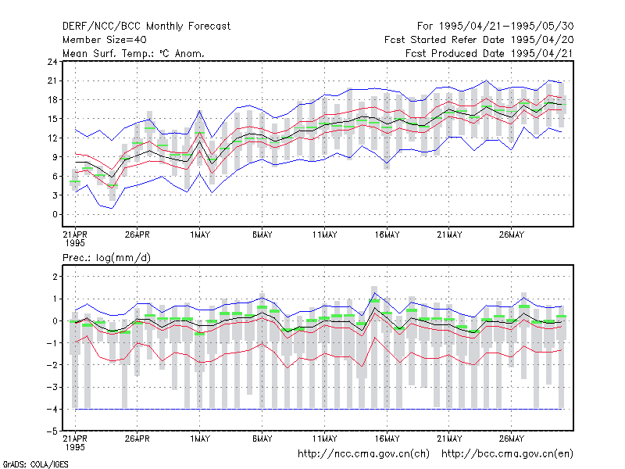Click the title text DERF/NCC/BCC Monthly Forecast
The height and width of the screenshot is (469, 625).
pos(146,27)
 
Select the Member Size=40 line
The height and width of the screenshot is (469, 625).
pos(105,40)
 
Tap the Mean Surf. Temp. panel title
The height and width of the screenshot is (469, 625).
pos(133,53)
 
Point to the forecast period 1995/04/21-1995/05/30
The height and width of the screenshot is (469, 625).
pos(495,27)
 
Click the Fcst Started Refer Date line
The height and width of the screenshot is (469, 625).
pos(479,40)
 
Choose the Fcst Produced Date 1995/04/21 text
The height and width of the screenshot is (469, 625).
pos(489,53)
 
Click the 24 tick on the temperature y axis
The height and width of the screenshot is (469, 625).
pos(52,62)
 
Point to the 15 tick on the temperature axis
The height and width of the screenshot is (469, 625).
pos(52,119)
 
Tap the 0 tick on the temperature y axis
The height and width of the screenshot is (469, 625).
pos(55,214)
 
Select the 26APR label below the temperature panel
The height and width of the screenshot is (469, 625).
pos(137,234)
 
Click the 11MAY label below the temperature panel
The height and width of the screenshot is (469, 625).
pos(324,234)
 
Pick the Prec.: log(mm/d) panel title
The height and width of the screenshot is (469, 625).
pos(106,258)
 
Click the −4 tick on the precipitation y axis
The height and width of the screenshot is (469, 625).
pos(52,409)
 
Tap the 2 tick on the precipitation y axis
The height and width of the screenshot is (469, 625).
pos(55,277)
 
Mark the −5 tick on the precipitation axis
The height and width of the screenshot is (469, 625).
pos(52,431)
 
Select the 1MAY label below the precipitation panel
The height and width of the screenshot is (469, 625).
pos(200,439)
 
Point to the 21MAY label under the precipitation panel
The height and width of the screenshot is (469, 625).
pos(449,439)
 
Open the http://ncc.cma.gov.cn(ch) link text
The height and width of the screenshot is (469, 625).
pos(363,454)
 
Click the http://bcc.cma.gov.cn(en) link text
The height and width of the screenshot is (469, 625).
pos(507,454)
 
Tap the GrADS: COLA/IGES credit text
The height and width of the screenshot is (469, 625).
pos(35,464)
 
